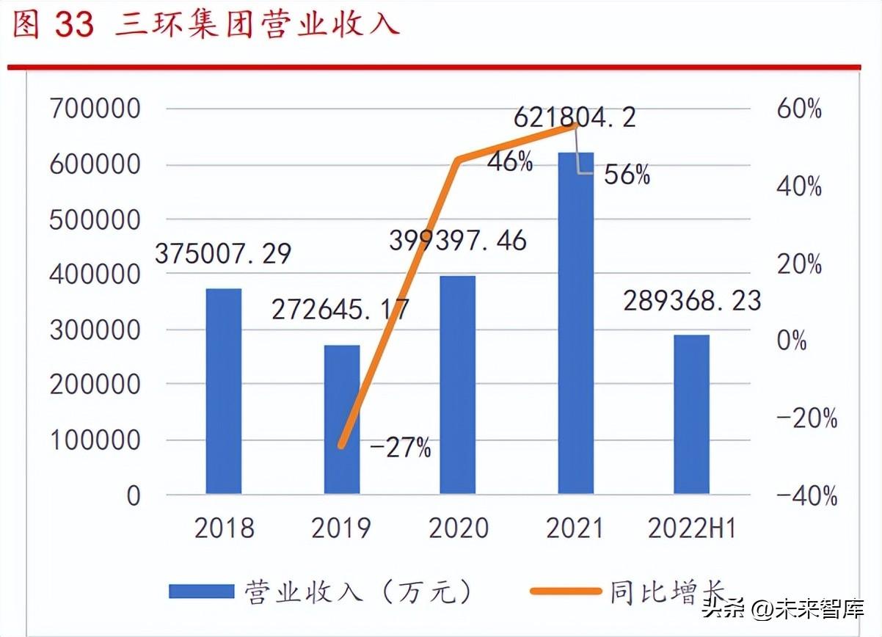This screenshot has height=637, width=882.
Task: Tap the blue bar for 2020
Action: [x=457, y=385]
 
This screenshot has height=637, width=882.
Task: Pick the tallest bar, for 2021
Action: [x=576, y=323]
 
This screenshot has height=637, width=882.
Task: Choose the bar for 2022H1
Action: [x=692, y=414]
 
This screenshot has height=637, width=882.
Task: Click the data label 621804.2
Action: [x=575, y=117]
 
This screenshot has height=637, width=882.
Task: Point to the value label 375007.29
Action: [x=223, y=254]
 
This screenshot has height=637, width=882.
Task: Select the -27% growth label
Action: [x=401, y=448]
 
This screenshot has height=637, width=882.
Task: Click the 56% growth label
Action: [x=627, y=175]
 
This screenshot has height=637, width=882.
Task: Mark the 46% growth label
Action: [x=510, y=162]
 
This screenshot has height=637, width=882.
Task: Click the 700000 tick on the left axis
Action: [x=95, y=109]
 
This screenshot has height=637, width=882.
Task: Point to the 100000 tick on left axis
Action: [x=95, y=440]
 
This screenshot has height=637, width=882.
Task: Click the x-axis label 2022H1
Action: [x=692, y=528]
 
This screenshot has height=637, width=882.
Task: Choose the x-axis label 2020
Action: [x=458, y=528]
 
